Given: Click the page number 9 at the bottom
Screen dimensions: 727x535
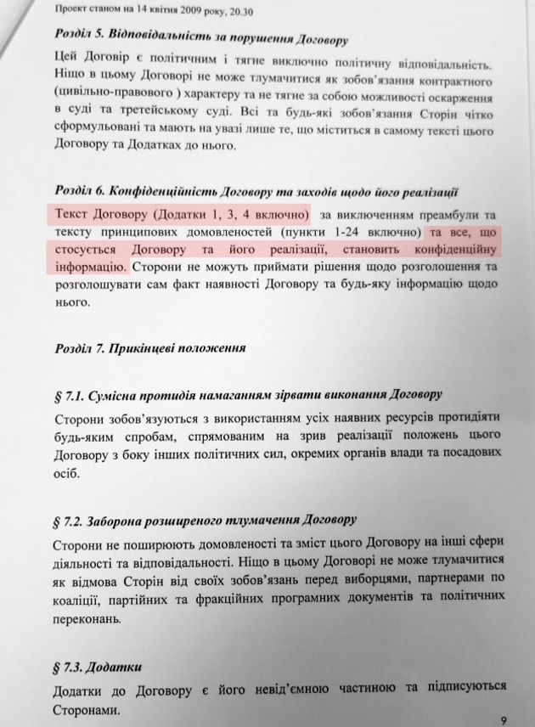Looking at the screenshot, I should tap(504, 719).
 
